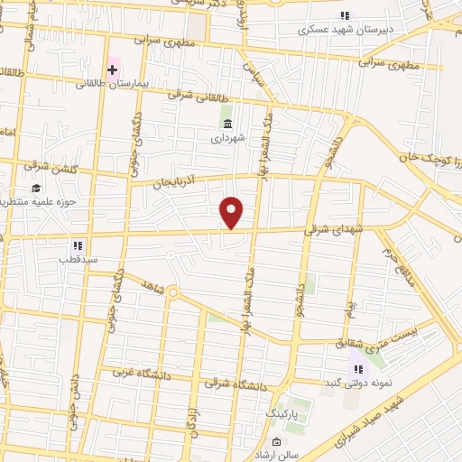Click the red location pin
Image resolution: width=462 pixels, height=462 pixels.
(233, 212)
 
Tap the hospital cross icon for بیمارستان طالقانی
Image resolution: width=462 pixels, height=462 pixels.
(113, 69)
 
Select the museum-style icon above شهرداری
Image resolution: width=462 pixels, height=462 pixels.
(226, 123)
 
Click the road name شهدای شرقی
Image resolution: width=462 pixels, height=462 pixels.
(323, 229)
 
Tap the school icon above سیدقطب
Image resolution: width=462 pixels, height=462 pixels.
(79, 245)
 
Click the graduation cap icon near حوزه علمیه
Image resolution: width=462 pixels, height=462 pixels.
(35, 189)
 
